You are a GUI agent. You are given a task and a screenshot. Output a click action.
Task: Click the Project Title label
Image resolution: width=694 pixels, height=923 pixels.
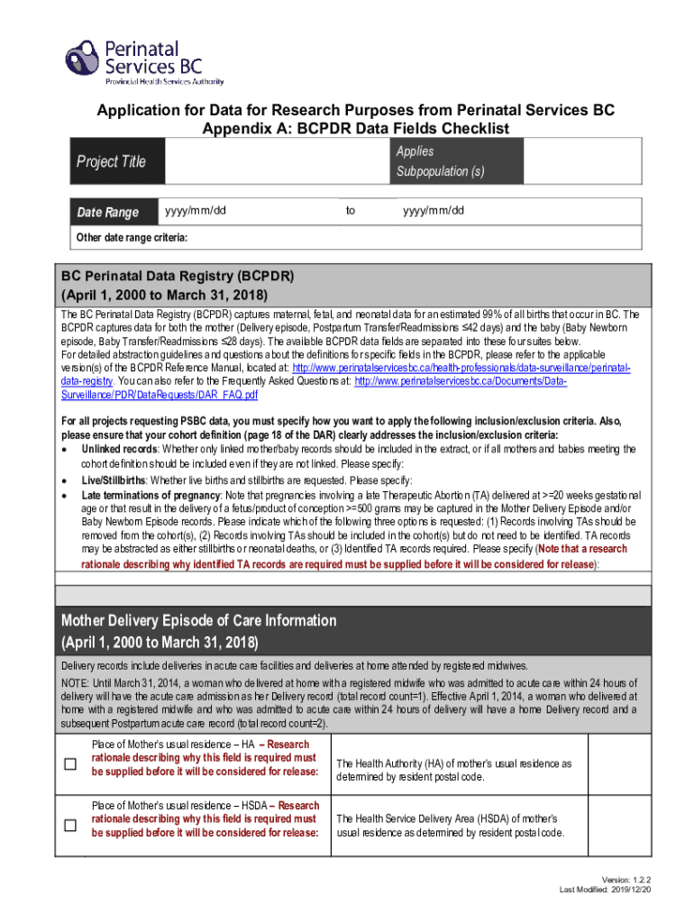click(111, 161)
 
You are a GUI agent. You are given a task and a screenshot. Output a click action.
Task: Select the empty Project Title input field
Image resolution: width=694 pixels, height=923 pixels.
click(278, 162)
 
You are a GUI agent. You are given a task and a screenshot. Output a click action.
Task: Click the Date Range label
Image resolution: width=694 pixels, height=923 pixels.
click(108, 213)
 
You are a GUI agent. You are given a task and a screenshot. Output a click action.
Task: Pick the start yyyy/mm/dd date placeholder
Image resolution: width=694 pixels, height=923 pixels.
click(195, 211)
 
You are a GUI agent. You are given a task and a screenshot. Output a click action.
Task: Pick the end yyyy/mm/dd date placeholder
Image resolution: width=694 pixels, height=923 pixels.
click(434, 211)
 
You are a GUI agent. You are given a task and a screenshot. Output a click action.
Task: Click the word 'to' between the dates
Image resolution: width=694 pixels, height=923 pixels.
click(351, 211)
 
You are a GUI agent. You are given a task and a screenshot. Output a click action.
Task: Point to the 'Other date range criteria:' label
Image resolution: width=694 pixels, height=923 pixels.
click(132, 238)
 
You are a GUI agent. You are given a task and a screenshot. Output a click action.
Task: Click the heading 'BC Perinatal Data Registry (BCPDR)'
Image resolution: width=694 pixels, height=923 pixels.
click(178, 275)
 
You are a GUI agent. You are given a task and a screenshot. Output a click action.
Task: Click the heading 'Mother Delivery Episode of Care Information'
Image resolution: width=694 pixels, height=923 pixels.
click(198, 621)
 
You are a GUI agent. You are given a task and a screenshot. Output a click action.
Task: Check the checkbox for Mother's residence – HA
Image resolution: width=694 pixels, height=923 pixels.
click(69, 764)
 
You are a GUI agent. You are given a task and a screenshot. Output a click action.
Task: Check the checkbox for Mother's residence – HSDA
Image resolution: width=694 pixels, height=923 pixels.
click(69, 826)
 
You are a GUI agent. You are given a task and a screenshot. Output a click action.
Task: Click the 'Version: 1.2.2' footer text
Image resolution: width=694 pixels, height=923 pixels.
click(630, 880)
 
